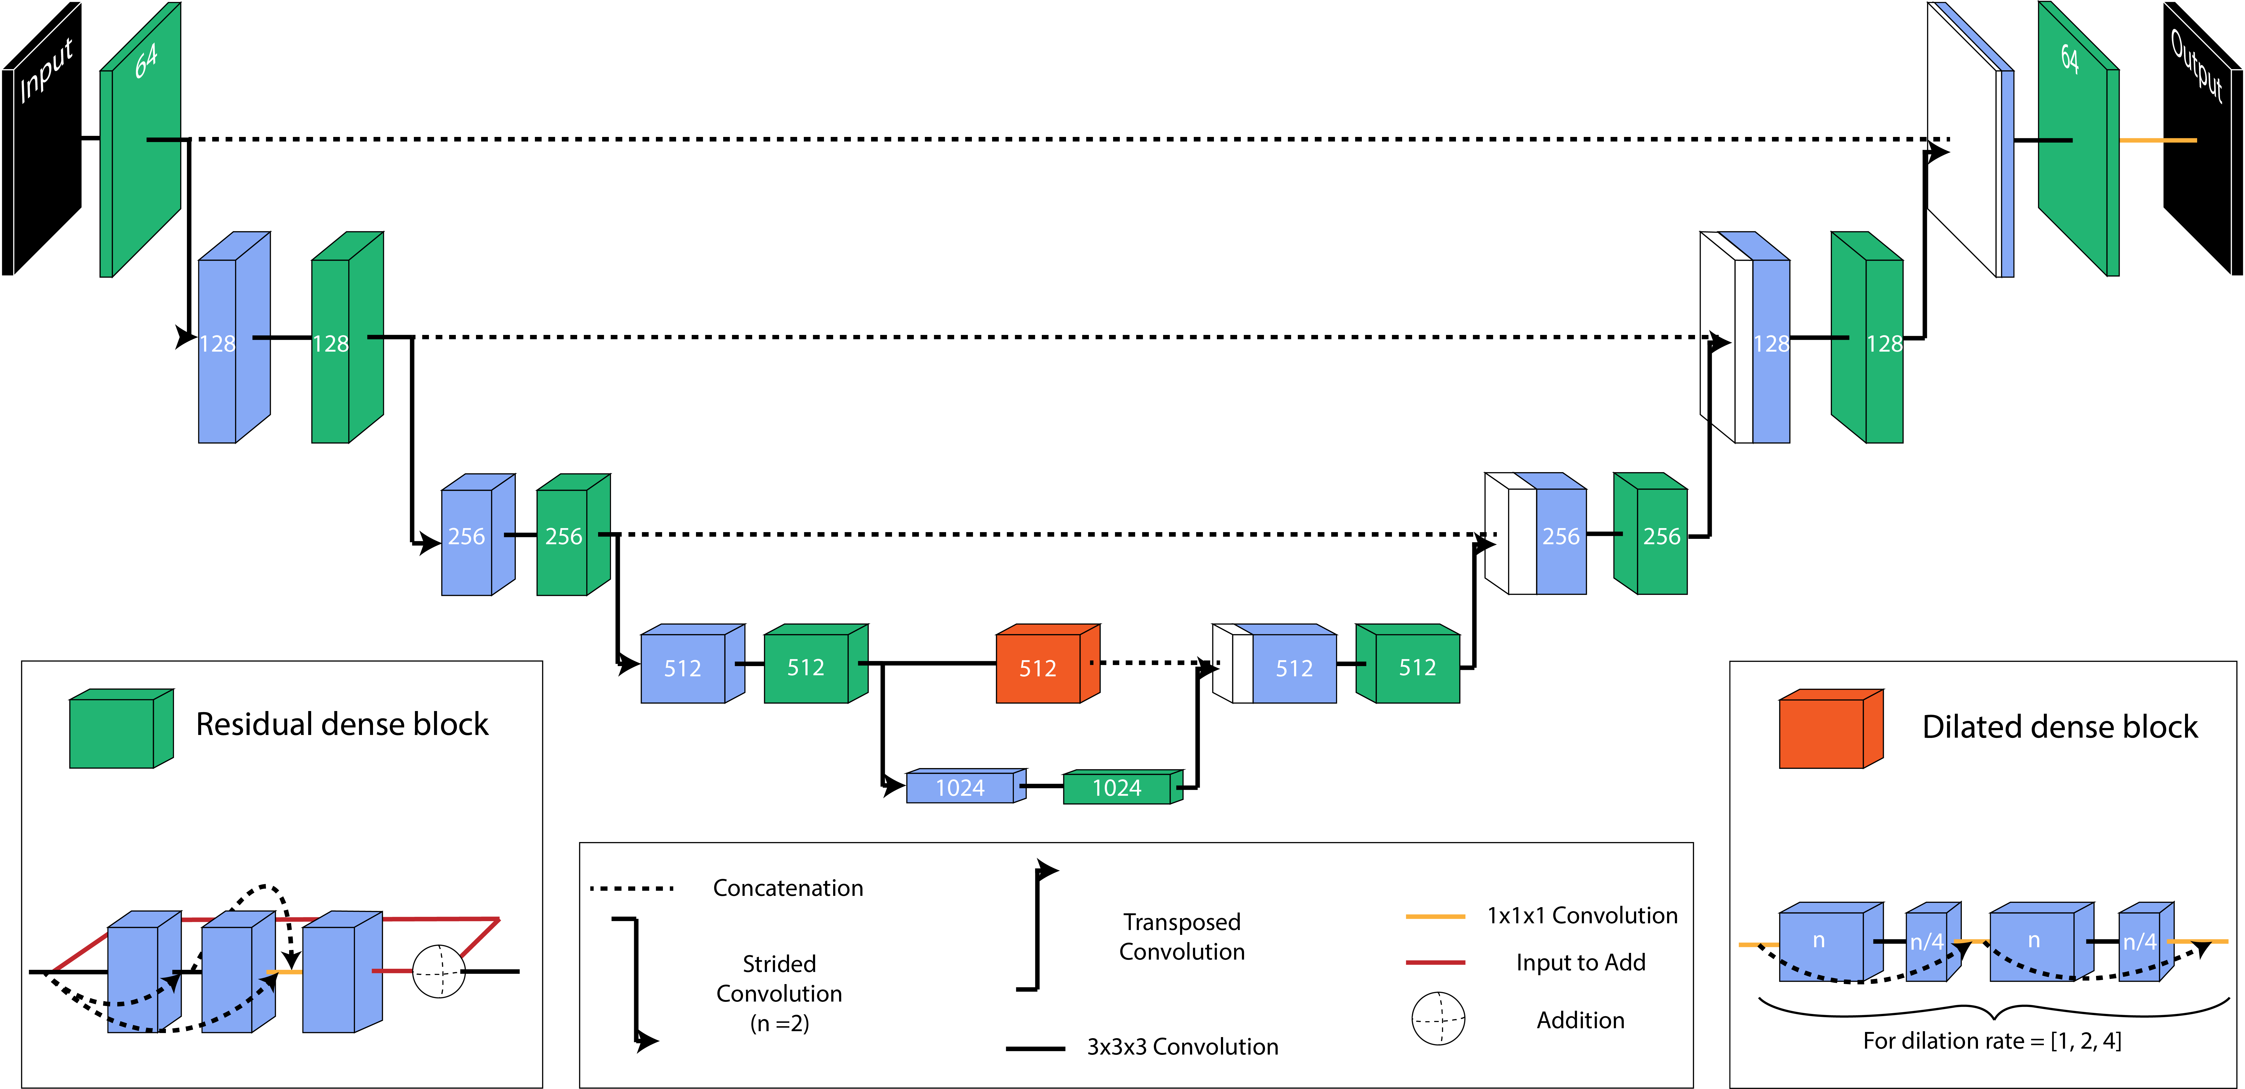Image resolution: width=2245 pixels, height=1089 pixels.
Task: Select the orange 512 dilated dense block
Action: [1039, 668]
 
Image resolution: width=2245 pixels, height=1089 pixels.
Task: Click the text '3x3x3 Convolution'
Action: [1182, 1046]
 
